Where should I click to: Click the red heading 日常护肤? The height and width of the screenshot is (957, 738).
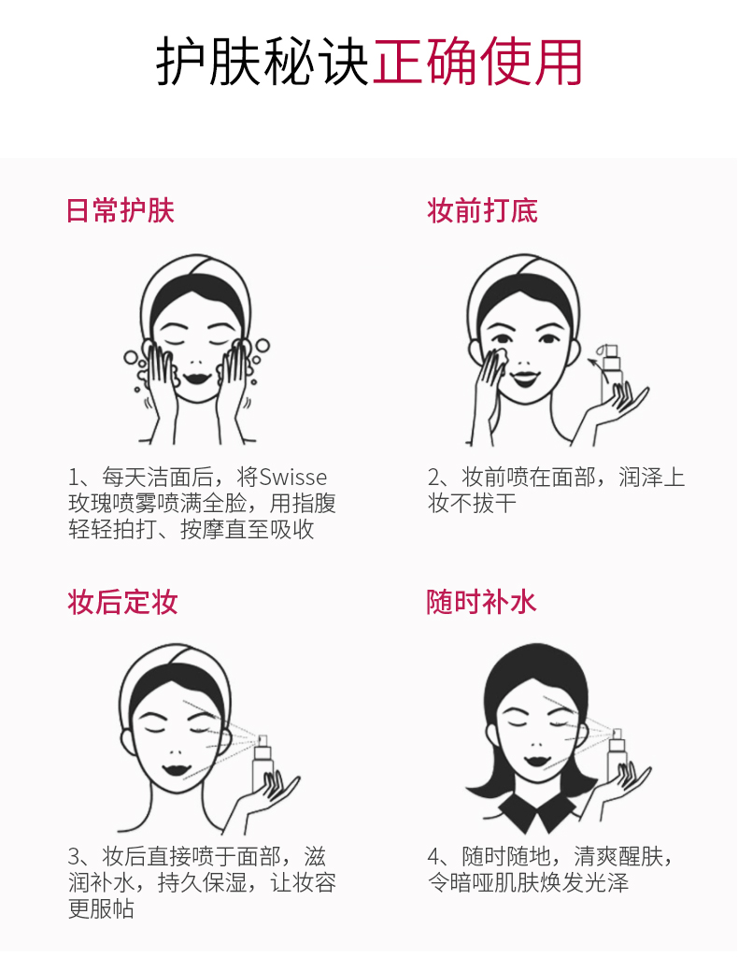coord(121,211)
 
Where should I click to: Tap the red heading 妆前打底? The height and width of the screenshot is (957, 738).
coord(482,211)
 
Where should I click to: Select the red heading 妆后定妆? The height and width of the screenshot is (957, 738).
coord(122,602)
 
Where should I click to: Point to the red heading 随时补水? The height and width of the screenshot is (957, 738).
coord(481,602)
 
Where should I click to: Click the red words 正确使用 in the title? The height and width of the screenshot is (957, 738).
coord(477,63)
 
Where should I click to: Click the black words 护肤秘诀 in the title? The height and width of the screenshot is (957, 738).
coord(263,63)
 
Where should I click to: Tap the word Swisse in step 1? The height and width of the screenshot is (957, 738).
coord(293,478)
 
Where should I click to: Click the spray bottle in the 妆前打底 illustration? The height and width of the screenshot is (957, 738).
coord(610,371)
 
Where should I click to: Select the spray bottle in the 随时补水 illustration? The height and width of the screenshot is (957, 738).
coord(617,757)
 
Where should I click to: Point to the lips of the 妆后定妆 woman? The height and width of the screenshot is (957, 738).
coord(175,768)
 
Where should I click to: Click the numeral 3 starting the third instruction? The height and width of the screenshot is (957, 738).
coord(74,857)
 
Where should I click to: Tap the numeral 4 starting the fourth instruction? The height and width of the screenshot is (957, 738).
coord(433,857)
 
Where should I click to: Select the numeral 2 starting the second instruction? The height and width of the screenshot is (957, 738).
coord(433,478)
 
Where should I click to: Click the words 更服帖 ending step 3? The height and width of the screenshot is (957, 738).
coord(101,908)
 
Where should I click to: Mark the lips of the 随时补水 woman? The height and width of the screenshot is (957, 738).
coord(536,761)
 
